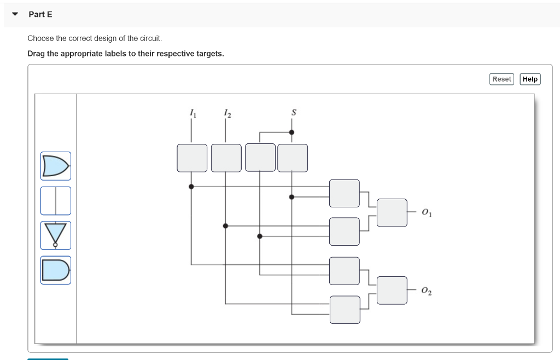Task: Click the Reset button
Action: pos(501,79)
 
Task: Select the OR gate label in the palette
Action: pos(55,166)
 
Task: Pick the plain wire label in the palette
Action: pos(55,201)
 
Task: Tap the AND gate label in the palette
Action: pos(55,270)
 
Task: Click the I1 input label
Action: pos(192,113)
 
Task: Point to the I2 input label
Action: pos(227,113)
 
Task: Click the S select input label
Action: pos(294,113)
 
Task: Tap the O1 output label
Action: pos(427,213)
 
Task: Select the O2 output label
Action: pos(427,291)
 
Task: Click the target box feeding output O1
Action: pos(392,213)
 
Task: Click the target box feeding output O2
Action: pos(392,291)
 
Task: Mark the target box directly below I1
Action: pos(192,158)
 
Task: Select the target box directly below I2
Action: pos(226,158)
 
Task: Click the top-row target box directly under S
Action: pos(293,158)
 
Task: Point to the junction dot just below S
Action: pos(291,132)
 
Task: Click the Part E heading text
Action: pos(40,14)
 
